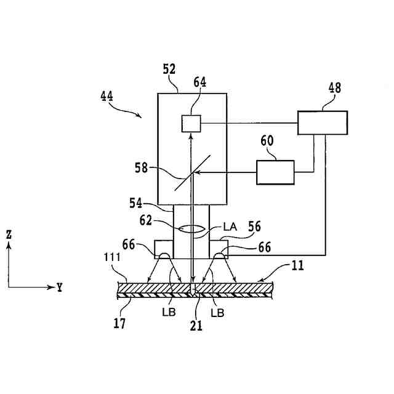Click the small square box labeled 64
click(191, 123)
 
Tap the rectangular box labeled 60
click(275, 172)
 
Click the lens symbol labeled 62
click(191, 228)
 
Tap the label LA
click(230, 227)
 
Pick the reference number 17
click(120, 323)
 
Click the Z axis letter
click(9, 235)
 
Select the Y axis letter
click(59, 287)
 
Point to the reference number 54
click(137, 202)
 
